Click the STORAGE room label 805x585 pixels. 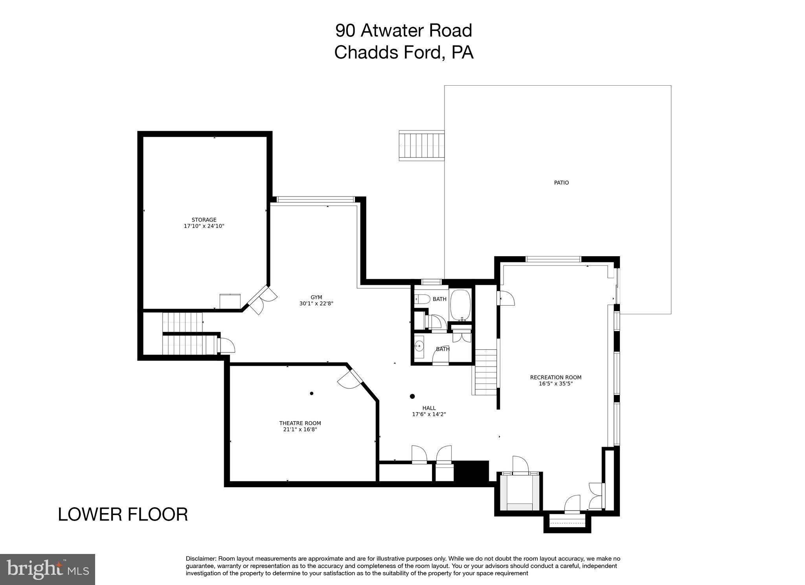[x=204, y=220]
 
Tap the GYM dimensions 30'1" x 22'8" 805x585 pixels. [x=316, y=304]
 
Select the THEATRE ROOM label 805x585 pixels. [x=300, y=423]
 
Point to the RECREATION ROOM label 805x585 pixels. [x=555, y=378]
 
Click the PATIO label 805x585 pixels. [x=561, y=183]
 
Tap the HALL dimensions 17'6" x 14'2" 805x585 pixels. [x=429, y=414]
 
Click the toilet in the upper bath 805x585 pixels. [x=422, y=299]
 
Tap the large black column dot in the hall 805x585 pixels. [x=412, y=396]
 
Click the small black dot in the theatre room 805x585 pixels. [x=312, y=393]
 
